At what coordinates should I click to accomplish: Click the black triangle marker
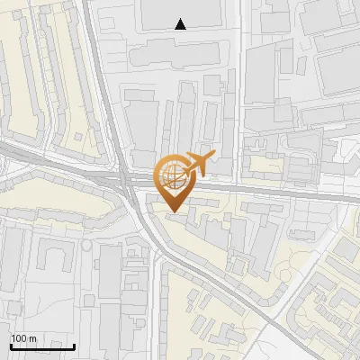tap(181, 24)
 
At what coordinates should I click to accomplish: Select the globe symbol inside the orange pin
tap(172, 173)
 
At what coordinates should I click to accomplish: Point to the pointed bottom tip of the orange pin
tap(173, 212)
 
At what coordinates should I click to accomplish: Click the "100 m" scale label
tap(23, 337)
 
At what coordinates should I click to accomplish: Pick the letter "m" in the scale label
tap(31, 337)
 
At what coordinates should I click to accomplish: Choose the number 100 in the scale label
tap(19, 337)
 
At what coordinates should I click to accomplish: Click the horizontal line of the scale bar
tap(42, 346)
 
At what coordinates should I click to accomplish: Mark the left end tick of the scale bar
tap(11, 345)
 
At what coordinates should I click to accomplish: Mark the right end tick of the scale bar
tap(74, 345)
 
